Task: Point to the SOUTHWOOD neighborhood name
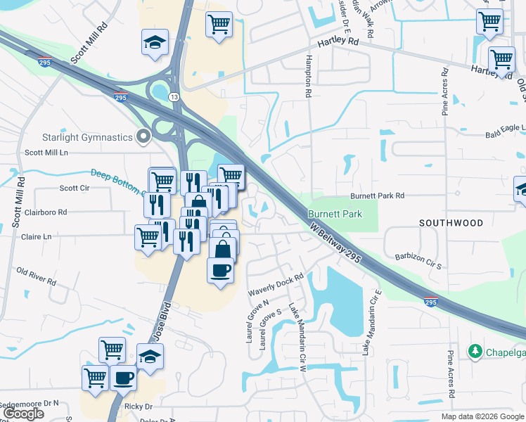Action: [x=451, y=223]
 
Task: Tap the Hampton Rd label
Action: [x=308, y=77]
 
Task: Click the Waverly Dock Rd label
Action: [x=275, y=284]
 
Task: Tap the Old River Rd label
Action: [x=37, y=276]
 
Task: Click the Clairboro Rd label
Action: [x=46, y=212]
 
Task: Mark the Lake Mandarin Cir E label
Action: [x=372, y=321]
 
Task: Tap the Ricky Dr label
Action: [x=139, y=407]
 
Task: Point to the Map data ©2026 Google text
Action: [x=482, y=416]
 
